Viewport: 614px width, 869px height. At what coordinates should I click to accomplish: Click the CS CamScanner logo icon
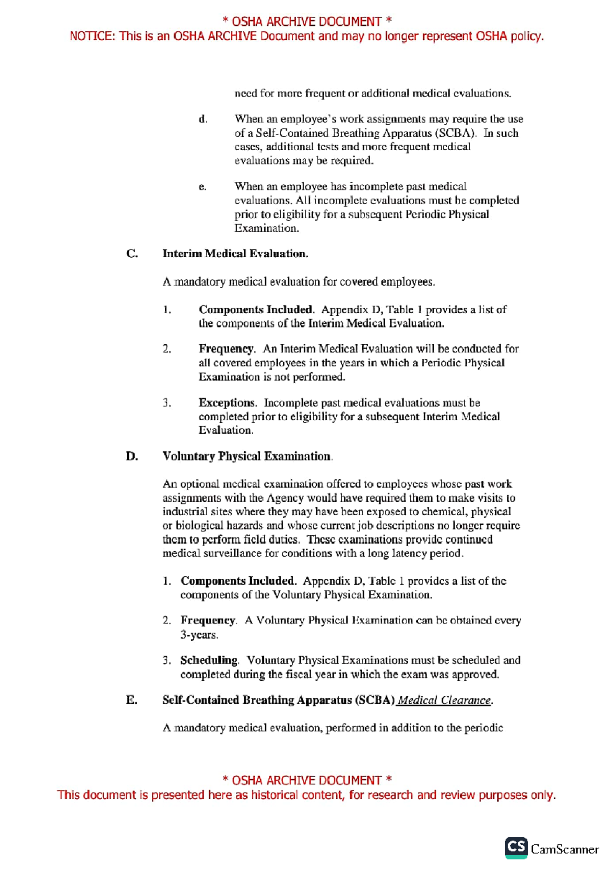pyautogui.click(x=516, y=848)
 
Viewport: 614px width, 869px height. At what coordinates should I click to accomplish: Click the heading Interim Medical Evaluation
pyautogui.click(x=235, y=254)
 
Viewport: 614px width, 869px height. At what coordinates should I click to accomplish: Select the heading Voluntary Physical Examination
pyautogui.click(x=247, y=456)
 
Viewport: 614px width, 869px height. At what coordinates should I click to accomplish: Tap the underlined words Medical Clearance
pyautogui.click(x=444, y=700)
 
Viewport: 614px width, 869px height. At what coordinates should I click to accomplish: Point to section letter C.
pyautogui.click(x=131, y=254)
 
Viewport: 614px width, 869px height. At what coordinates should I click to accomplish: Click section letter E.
pyautogui.click(x=131, y=700)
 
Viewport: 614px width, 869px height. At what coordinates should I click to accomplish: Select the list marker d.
pyautogui.click(x=203, y=119)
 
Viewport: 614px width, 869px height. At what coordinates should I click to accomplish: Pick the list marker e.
pyautogui.click(x=203, y=187)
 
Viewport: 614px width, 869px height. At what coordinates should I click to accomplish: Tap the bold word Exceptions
pyautogui.click(x=227, y=403)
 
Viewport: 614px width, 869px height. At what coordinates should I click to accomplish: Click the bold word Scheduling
pyautogui.click(x=209, y=660)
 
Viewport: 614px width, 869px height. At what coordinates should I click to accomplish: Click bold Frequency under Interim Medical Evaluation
pyautogui.click(x=226, y=349)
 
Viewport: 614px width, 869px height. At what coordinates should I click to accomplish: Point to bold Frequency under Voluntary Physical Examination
pyautogui.click(x=208, y=620)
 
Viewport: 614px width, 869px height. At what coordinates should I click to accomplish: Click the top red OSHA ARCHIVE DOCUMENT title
pyautogui.click(x=307, y=21)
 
